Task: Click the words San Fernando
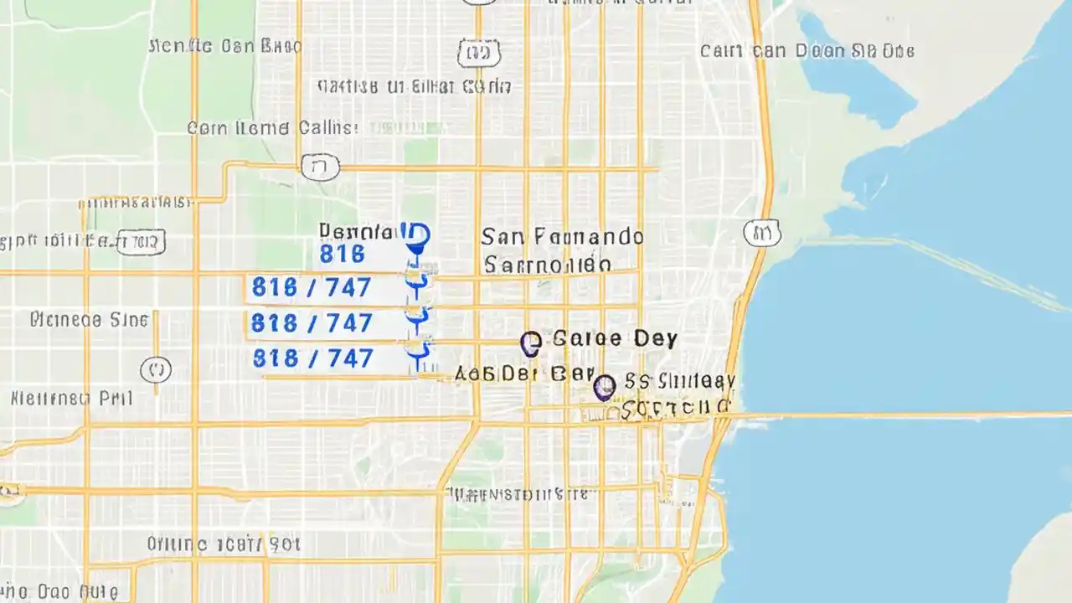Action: (x=562, y=237)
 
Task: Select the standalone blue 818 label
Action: (x=342, y=253)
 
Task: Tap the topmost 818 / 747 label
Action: (x=312, y=288)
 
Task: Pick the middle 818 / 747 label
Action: (x=312, y=323)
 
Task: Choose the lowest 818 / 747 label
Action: (x=312, y=358)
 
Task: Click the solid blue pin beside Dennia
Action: (x=415, y=237)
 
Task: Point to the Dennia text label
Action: (x=355, y=230)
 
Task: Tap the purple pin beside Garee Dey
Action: (x=530, y=343)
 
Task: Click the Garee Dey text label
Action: (x=615, y=339)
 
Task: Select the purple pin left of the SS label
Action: (x=604, y=387)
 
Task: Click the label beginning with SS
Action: (x=680, y=382)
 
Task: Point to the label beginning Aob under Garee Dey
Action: (x=523, y=374)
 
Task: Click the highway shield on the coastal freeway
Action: (x=761, y=233)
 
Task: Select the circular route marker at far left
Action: (x=156, y=368)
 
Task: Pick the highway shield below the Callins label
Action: (x=320, y=167)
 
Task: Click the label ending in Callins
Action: (x=272, y=128)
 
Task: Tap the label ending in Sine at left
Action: (x=89, y=320)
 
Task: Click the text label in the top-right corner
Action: (x=807, y=51)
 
